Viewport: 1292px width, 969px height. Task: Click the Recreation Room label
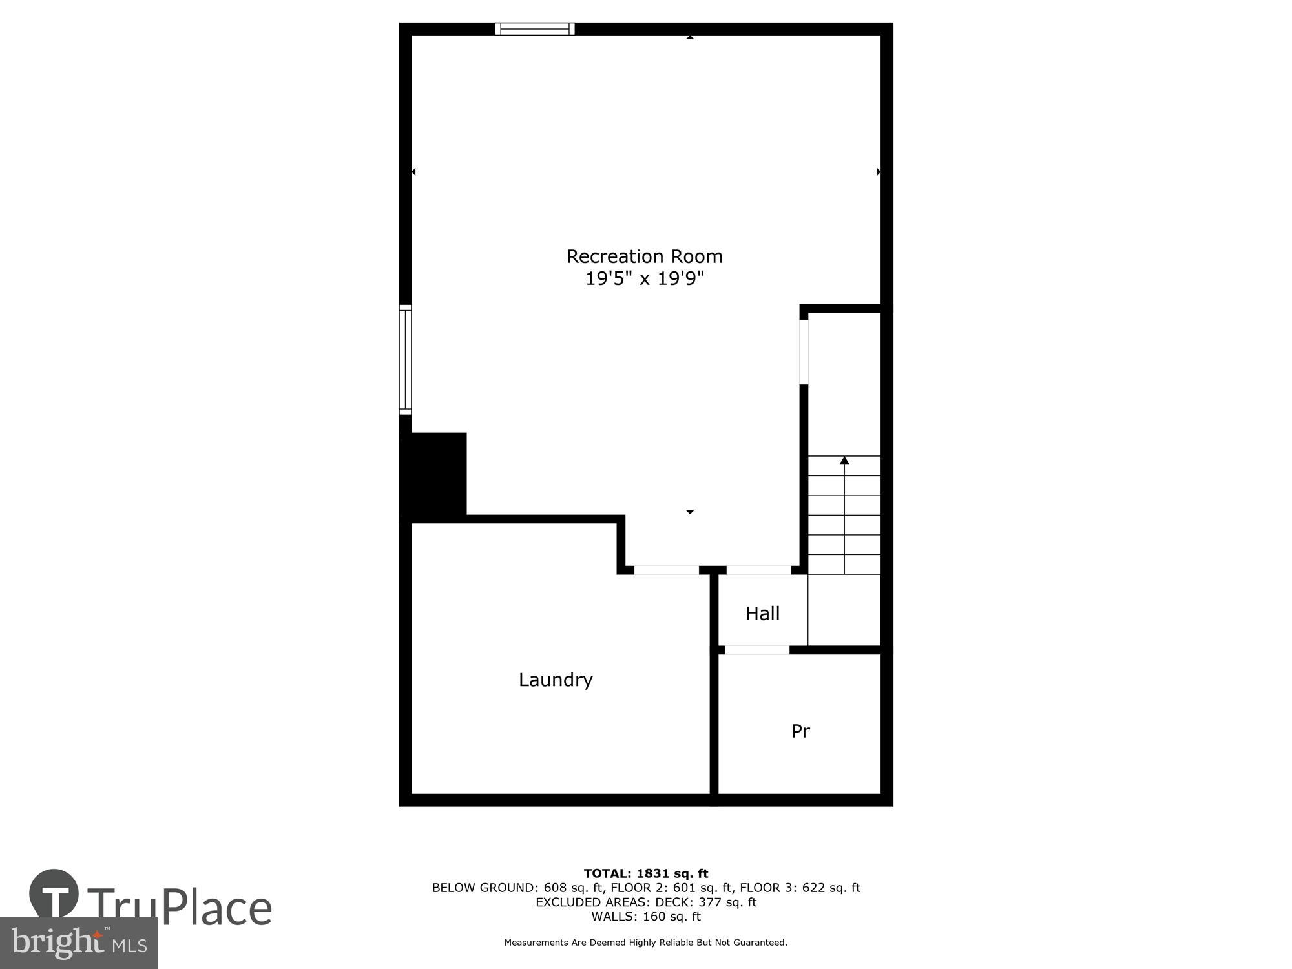[644, 256]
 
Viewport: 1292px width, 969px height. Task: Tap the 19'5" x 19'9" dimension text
[644, 278]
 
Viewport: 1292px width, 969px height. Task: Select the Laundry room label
[556, 680]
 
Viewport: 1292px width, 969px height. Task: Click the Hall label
[762, 614]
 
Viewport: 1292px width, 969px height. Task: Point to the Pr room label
[800, 731]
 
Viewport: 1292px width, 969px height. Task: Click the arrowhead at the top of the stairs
[844, 461]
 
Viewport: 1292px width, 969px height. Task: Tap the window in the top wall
[534, 28]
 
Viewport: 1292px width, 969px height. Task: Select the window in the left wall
[405, 359]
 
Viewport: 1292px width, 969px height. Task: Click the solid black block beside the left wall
[433, 475]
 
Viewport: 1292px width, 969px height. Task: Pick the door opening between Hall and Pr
[756, 650]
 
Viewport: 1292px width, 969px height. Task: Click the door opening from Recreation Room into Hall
[758, 570]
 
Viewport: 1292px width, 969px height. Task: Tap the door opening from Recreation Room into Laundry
[666, 570]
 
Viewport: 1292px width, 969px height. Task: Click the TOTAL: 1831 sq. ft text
[646, 873]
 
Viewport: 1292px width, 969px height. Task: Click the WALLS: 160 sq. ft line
[646, 916]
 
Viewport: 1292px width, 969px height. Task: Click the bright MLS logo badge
[78, 943]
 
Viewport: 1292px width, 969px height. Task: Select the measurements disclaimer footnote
[646, 943]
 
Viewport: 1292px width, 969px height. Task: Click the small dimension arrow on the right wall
[878, 172]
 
